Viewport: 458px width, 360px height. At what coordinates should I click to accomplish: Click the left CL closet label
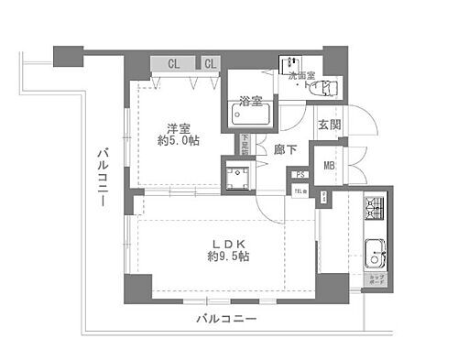pos(173,63)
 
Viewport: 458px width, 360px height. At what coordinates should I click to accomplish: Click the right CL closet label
pos(209,63)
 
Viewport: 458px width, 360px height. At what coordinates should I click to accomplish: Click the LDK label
pos(228,244)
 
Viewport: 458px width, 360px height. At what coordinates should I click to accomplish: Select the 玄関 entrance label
pos(330,124)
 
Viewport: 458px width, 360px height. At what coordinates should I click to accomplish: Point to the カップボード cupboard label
pos(376,280)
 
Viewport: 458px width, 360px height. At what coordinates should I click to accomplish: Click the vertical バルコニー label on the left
pos(103,174)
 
